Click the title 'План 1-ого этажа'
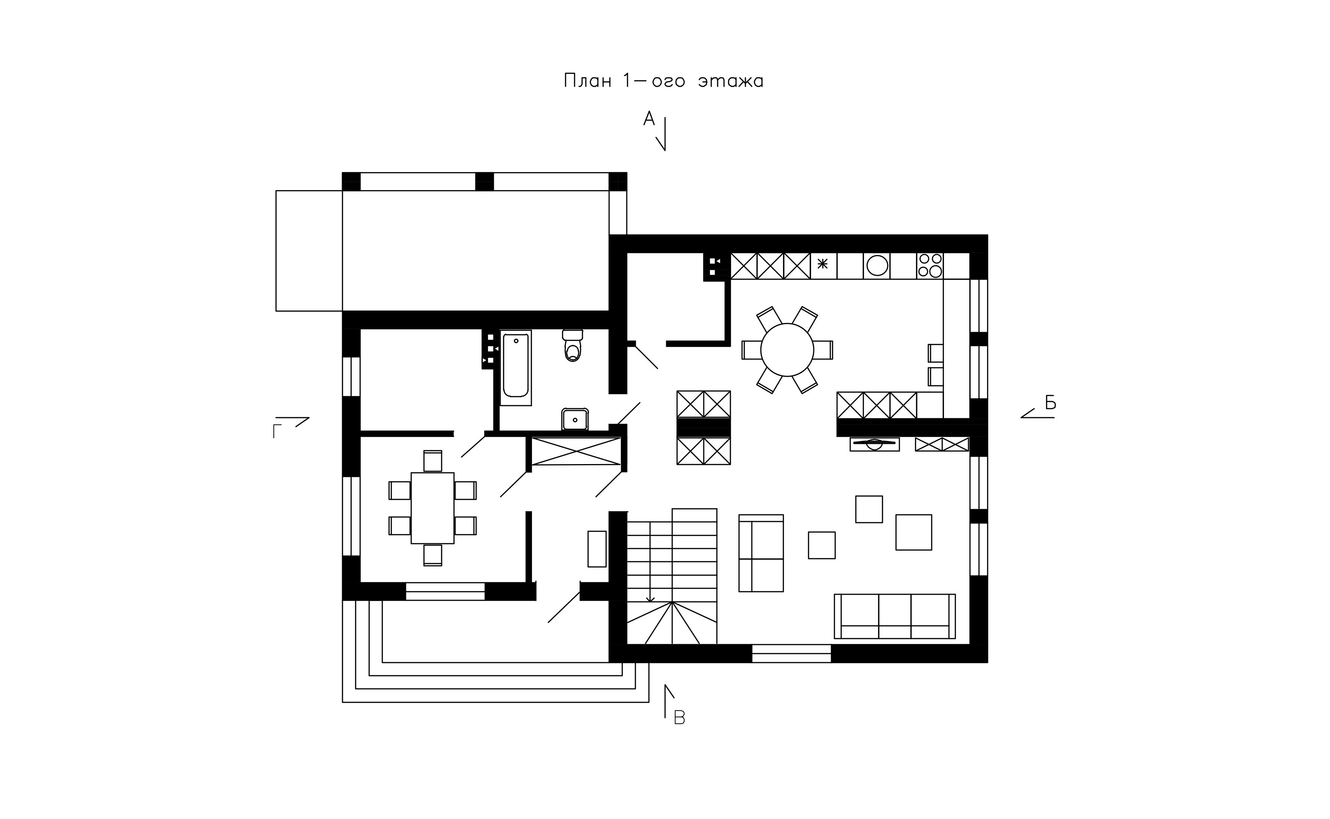(663, 81)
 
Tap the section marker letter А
(649, 118)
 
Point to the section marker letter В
(679, 718)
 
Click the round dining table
(787, 350)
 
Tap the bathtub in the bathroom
(516, 367)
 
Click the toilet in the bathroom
(572, 345)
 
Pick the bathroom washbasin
(575, 419)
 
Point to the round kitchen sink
(877, 265)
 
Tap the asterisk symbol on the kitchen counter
(823, 264)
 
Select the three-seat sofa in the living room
(894, 616)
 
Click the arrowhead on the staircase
(650, 599)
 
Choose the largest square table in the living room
(913, 532)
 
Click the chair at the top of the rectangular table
(433, 461)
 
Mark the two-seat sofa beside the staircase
(761, 553)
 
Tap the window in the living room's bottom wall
(791, 653)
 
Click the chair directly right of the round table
(823, 350)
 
